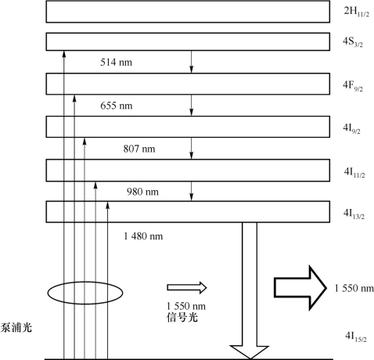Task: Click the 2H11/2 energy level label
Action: pos(357,12)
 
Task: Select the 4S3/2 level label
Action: pos(353,41)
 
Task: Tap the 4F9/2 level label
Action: pos(353,86)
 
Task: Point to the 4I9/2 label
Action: pos(351,128)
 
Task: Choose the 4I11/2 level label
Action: pos(354,172)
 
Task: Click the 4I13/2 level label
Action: pos(354,214)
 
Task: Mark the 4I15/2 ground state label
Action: pos(356,337)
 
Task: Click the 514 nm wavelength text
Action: pos(117,63)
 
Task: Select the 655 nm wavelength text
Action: pos(117,106)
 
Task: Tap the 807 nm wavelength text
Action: pos(139,149)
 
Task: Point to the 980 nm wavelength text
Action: pos(142,192)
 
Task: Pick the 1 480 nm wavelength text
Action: pos(143,236)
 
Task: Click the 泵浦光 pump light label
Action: pos(16,328)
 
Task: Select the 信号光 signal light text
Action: pos(182,318)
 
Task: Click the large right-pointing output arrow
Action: pos(300,288)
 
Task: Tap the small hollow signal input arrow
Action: pos(187,287)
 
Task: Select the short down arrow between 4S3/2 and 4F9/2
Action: pos(192,62)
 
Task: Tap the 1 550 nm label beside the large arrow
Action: pos(354,289)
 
